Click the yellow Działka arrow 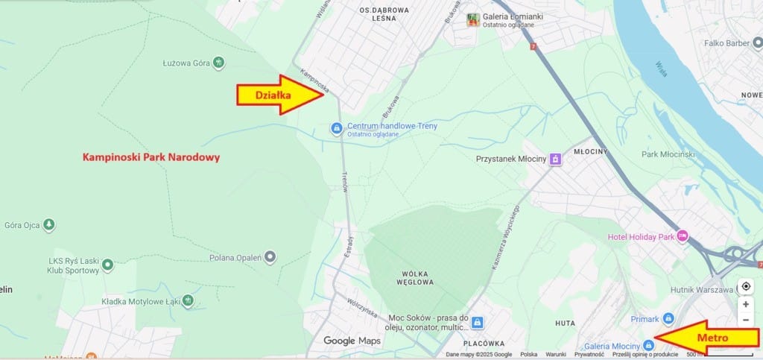click(280, 95)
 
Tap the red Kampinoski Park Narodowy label click(151, 158)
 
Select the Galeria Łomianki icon click(472, 20)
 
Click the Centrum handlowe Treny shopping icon click(337, 129)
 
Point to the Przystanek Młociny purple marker click(555, 159)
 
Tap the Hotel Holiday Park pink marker click(682, 236)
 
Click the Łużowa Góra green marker click(218, 63)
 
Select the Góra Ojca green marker click(49, 224)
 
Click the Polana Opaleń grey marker click(270, 257)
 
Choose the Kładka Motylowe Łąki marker click(188, 300)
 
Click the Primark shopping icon click(668, 318)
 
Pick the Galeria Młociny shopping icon click(648, 345)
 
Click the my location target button click(746, 287)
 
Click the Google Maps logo click(352, 341)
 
